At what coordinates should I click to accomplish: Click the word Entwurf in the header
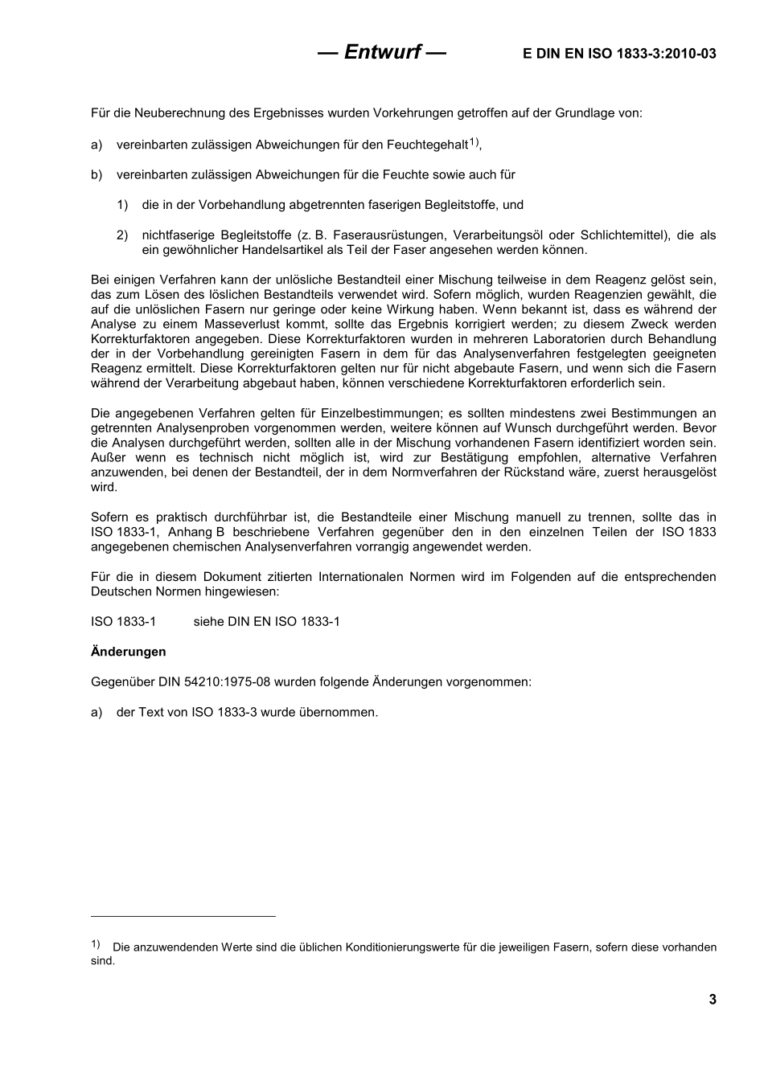[382, 52]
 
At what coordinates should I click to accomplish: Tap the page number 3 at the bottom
[712, 999]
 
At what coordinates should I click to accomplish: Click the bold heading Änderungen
[129, 652]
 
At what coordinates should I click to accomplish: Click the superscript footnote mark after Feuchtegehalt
[474, 142]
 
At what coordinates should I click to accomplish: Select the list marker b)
[97, 175]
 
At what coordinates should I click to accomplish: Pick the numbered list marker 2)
[122, 235]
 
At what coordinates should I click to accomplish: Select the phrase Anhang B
[195, 532]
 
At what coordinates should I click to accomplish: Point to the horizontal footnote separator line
[183, 916]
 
